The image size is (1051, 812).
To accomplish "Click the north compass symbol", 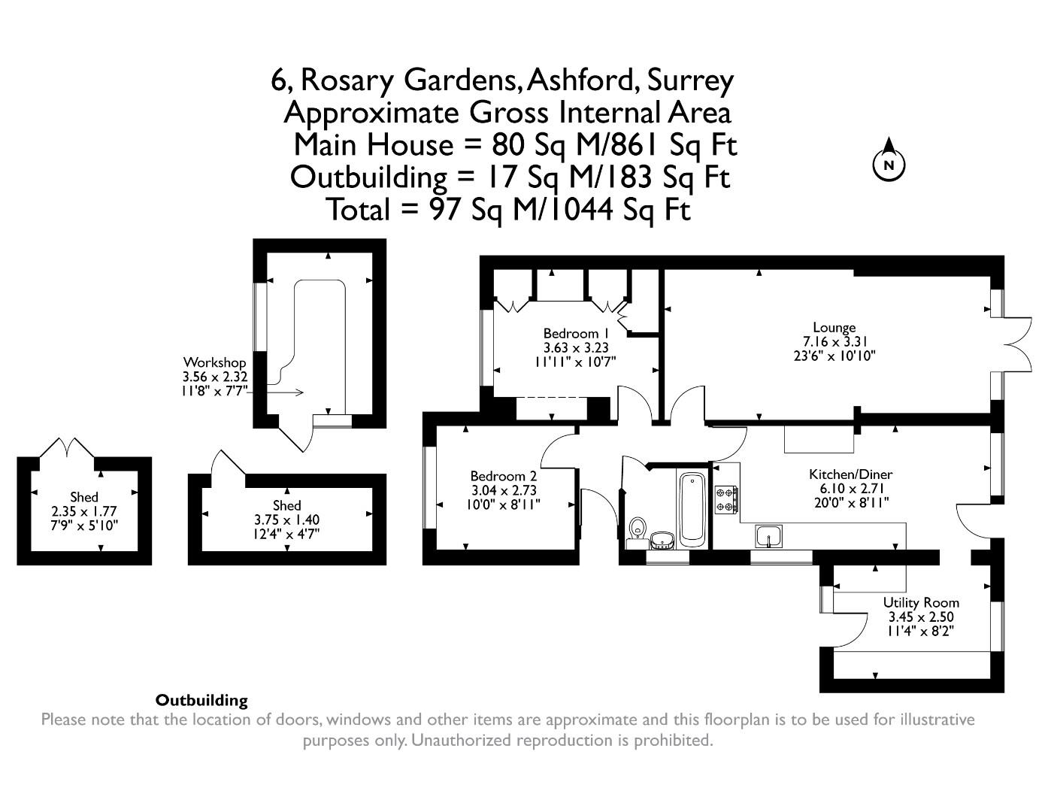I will pyautogui.click(x=889, y=163).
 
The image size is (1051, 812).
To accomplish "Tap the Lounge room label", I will pyautogui.click(x=834, y=328).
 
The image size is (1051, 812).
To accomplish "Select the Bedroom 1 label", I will pyautogui.click(x=575, y=333).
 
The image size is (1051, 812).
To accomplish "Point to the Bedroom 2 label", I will pyautogui.click(x=503, y=476).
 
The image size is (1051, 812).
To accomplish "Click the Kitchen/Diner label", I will pyautogui.click(x=850, y=474).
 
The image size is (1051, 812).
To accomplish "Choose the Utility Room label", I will pyautogui.click(x=921, y=602).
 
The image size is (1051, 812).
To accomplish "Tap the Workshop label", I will pyautogui.click(x=214, y=362).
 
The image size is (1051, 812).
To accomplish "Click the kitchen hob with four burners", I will pyautogui.click(x=726, y=499).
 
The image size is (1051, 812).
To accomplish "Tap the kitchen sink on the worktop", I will pyautogui.click(x=769, y=536).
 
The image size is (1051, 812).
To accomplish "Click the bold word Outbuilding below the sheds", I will pyautogui.click(x=201, y=700).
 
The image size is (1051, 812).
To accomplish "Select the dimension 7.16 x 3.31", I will pyautogui.click(x=834, y=341).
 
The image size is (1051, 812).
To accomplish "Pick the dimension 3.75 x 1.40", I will pyautogui.click(x=286, y=520).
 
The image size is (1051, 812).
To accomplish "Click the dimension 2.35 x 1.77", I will pyautogui.click(x=83, y=511).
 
